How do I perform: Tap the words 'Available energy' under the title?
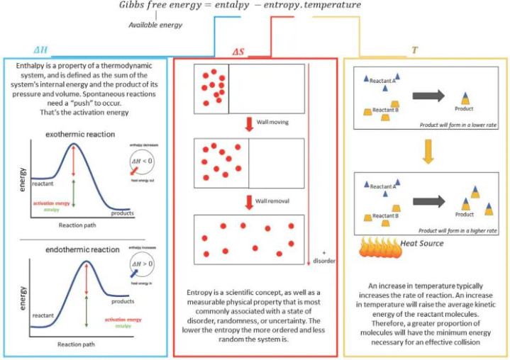point(156,25)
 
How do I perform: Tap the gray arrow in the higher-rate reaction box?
point(427,200)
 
